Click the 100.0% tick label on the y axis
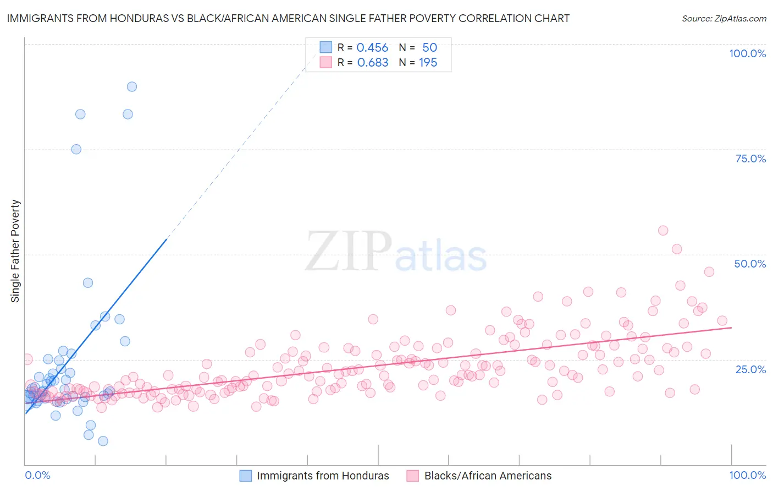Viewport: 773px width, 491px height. coord(747,53)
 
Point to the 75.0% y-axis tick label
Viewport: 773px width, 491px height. coord(750,159)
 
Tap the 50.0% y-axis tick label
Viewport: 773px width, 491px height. coord(750,264)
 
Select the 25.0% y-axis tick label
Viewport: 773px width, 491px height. coord(750,369)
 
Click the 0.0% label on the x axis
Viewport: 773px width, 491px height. coord(37,475)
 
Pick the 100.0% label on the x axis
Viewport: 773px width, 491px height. coord(747,475)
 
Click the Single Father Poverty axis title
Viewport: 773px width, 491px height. coord(15,251)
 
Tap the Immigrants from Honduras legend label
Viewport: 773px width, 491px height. coord(323,476)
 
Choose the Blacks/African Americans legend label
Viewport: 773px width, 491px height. coord(488,476)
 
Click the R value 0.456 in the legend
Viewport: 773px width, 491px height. coord(372,48)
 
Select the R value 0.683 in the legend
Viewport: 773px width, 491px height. coord(373,63)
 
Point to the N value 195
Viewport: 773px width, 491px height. coord(428,63)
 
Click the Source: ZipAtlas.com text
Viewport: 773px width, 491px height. coord(724,18)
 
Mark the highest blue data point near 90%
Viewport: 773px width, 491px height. coord(132,86)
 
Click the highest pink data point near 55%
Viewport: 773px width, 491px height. coord(663,231)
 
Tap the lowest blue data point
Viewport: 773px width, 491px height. coord(103,441)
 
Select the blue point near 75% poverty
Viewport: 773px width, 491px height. coord(76,149)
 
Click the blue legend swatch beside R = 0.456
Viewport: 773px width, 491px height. coord(326,47)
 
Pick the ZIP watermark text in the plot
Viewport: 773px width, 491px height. coord(349,252)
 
